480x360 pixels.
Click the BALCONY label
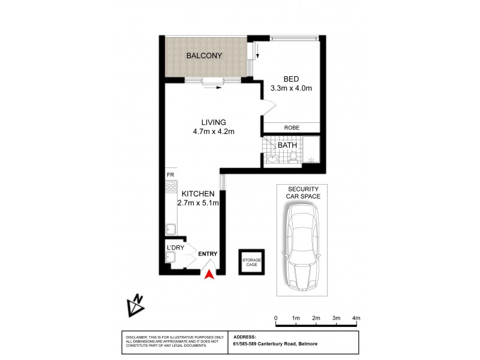coord(204,56)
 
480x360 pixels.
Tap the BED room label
coord(291,79)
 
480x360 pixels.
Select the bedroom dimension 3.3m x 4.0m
coord(291,89)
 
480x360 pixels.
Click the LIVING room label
coord(205,122)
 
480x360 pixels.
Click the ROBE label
coord(292,128)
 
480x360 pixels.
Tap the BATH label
coord(287,145)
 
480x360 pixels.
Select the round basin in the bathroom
coord(272,159)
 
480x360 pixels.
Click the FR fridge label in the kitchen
coord(170,175)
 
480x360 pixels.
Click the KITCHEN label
coord(198,194)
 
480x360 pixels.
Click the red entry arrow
coord(209,274)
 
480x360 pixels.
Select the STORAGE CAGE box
coord(251,262)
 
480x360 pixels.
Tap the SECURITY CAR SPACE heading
coord(304,192)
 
